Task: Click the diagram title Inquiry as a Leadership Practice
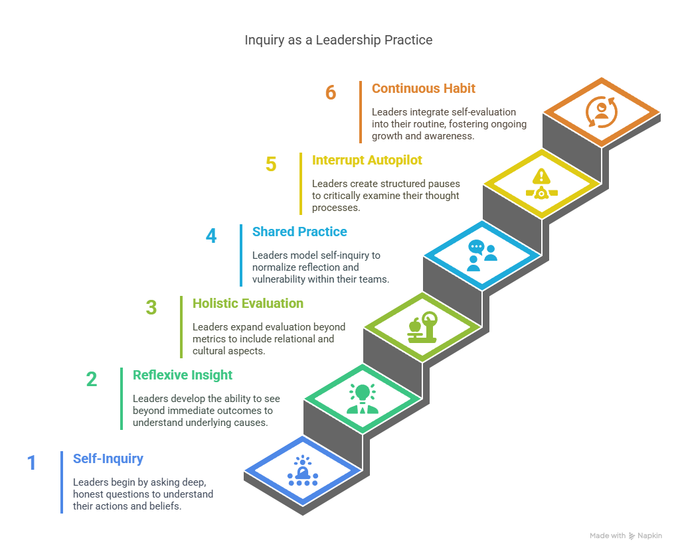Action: click(339, 40)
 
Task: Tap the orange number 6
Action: click(331, 92)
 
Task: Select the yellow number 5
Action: click(271, 165)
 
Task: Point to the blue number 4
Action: click(211, 236)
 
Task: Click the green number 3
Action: click(151, 308)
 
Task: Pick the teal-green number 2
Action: click(92, 380)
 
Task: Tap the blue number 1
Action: click(32, 463)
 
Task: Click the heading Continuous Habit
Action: click(423, 89)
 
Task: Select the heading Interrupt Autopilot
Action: click(367, 161)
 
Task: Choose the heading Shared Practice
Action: click(299, 232)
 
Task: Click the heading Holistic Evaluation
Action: click(248, 304)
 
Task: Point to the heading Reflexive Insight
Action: click(183, 375)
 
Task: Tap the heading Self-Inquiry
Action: click(108, 458)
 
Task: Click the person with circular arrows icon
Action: click(602, 112)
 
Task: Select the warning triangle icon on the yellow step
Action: click(541, 184)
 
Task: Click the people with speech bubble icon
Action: click(482, 255)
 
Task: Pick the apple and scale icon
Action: click(422, 327)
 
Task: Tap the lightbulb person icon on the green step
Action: click(363, 399)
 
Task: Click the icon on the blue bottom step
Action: click(303, 470)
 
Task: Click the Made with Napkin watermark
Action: click(626, 536)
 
